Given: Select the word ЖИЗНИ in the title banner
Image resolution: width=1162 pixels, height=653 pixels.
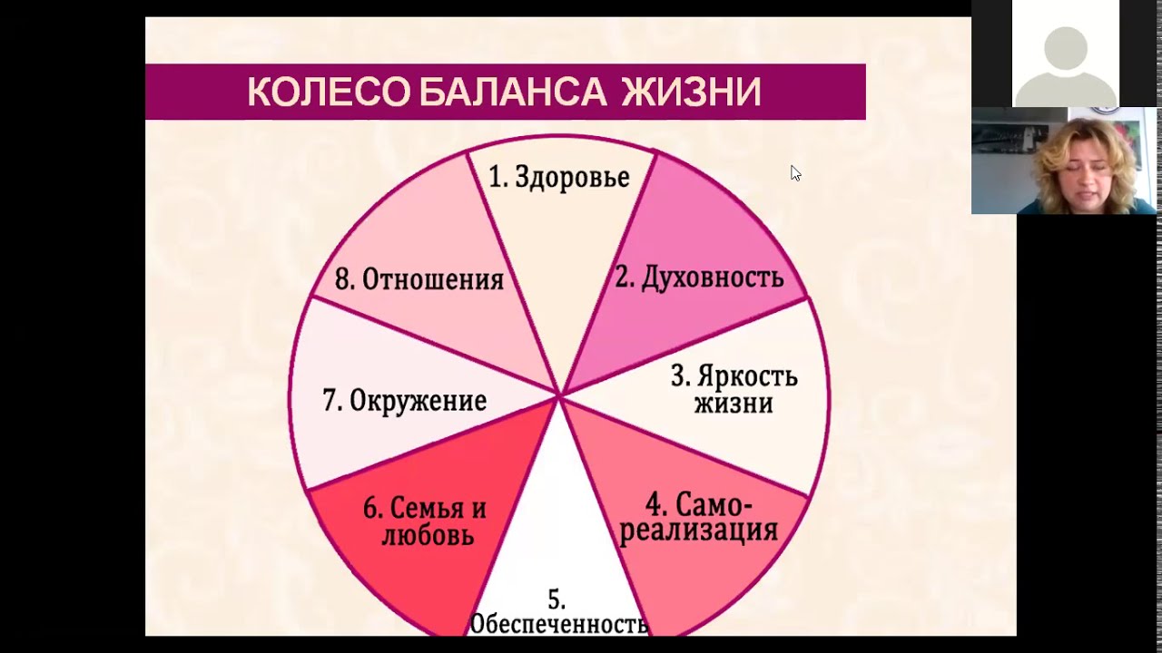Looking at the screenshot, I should click(x=692, y=93).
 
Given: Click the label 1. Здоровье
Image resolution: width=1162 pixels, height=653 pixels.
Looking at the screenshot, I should click(x=559, y=177).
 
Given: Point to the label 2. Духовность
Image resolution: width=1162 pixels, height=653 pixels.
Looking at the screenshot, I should click(x=699, y=278).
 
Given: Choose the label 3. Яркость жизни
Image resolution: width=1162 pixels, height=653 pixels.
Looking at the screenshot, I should click(x=734, y=389).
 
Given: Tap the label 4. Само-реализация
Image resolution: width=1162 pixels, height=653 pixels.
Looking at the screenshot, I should click(x=699, y=517).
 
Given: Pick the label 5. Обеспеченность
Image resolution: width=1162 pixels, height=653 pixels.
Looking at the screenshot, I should click(x=557, y=613).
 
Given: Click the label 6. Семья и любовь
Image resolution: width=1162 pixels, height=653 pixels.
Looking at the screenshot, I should click(x=425, y=521).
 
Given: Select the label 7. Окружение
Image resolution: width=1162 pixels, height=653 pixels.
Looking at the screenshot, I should click(x=405, y=400).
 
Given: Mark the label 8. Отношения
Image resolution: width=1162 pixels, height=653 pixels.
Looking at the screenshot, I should click(x=419, y=279).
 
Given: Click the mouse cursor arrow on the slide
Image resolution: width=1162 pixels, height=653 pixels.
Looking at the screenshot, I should click(x=795, y=172).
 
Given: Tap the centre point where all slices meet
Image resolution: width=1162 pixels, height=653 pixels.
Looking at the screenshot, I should click(x=560, y=395).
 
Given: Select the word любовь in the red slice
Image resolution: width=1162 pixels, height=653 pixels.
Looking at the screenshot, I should click(x=428, y=535).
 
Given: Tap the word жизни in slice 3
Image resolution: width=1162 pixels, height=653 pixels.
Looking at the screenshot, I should click(x=734, y=403).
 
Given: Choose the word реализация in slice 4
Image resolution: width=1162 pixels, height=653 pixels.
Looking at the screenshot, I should click(x=699, y=530).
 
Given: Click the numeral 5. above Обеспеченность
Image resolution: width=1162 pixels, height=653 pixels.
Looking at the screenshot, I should click(x=556, y=599).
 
